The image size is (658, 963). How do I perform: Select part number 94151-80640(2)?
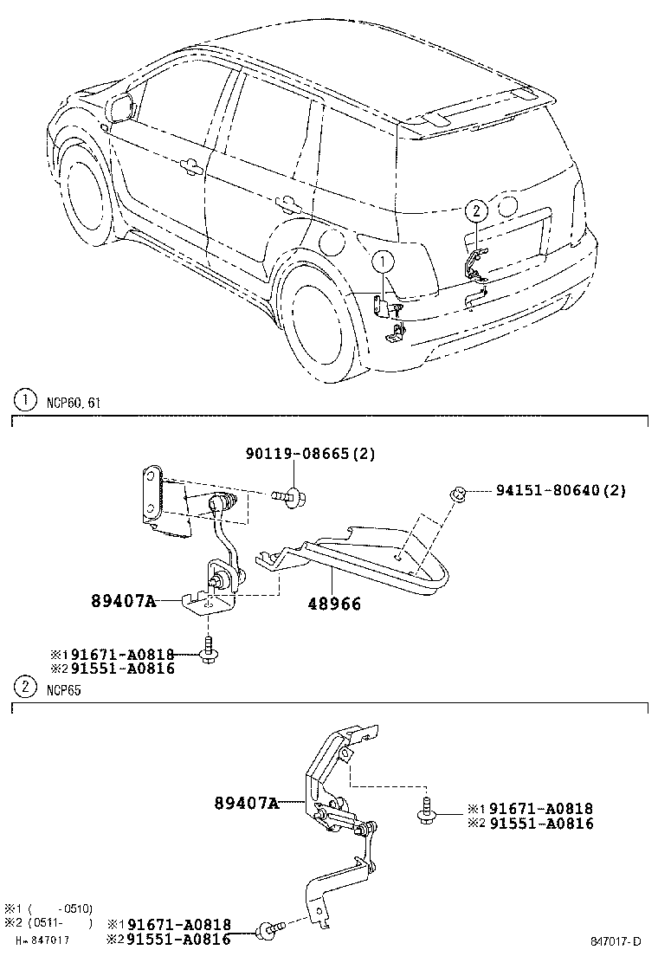[560, 490]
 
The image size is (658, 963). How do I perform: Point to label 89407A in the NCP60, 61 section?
[124, 600]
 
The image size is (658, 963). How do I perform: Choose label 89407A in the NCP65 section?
[246, 803]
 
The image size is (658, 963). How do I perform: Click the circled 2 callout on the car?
[474, 209]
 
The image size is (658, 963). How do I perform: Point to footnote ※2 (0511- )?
[48, 922]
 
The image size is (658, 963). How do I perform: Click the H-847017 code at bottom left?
[42, 940]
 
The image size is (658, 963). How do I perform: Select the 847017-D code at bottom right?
[616, 941]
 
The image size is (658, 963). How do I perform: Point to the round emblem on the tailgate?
[508, 207]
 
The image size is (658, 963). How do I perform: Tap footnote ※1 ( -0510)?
[48, 908]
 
